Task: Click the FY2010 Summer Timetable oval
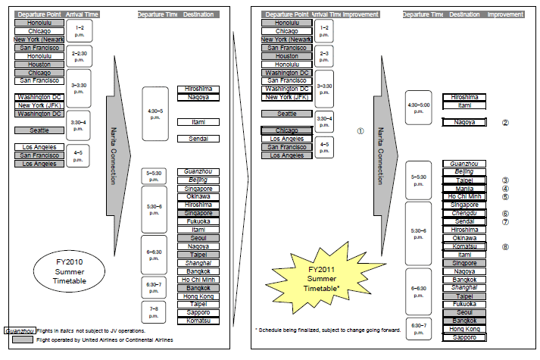click(70, 271)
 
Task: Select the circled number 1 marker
click(361, 130)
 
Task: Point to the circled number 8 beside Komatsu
click(505, 246)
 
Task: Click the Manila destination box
click(464, 189)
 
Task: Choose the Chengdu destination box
click(464, 213)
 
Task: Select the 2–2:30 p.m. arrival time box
click(79, 55)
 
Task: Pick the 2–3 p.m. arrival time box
click(324, 55)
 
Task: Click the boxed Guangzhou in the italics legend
click(19, 330)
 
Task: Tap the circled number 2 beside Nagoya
click(505, 122)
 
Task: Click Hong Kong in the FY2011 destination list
click(464, 329)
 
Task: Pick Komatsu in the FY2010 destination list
click(198, 321)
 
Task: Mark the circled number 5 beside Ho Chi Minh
click(505, 197)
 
